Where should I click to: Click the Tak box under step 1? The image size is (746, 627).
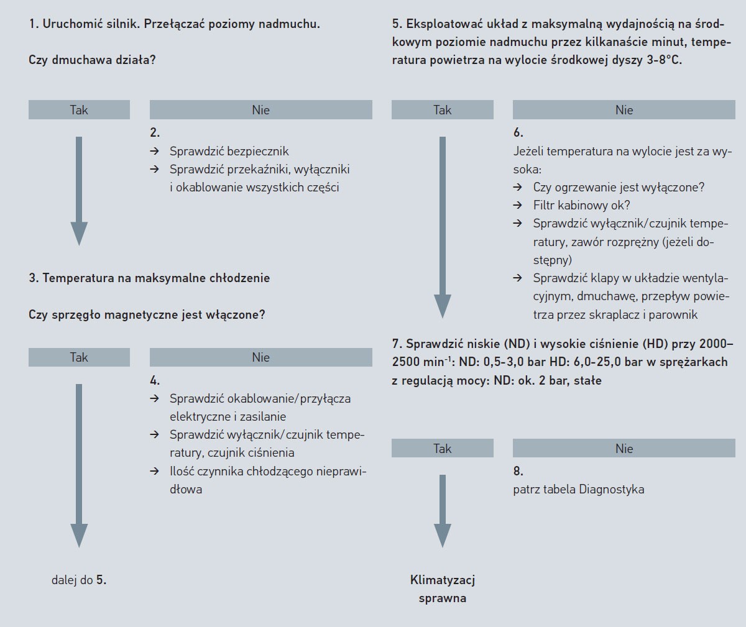click(79, 110)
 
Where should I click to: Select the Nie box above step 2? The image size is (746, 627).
click(260, 110)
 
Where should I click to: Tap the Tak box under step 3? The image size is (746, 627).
click(79, 357)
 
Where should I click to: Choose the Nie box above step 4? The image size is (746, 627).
click(260, 357)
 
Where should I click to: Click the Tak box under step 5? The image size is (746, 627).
click(442, 110)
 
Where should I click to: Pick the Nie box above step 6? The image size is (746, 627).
click(624, 110)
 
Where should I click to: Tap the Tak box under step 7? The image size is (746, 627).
click(442, 449)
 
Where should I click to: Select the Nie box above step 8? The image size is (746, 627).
click(624, 449)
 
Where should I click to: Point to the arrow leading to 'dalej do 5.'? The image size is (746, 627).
click(79, 466)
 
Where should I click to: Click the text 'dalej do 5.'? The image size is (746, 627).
click(79, 580)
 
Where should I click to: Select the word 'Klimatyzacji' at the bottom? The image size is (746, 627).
click(443, 580)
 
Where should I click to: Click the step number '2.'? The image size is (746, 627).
click(155, 132)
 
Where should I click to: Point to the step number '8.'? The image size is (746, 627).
click(518, 471)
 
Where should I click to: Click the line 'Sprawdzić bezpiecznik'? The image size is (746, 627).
click(229, 151)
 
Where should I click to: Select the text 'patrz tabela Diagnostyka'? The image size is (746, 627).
click(579, 490)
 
